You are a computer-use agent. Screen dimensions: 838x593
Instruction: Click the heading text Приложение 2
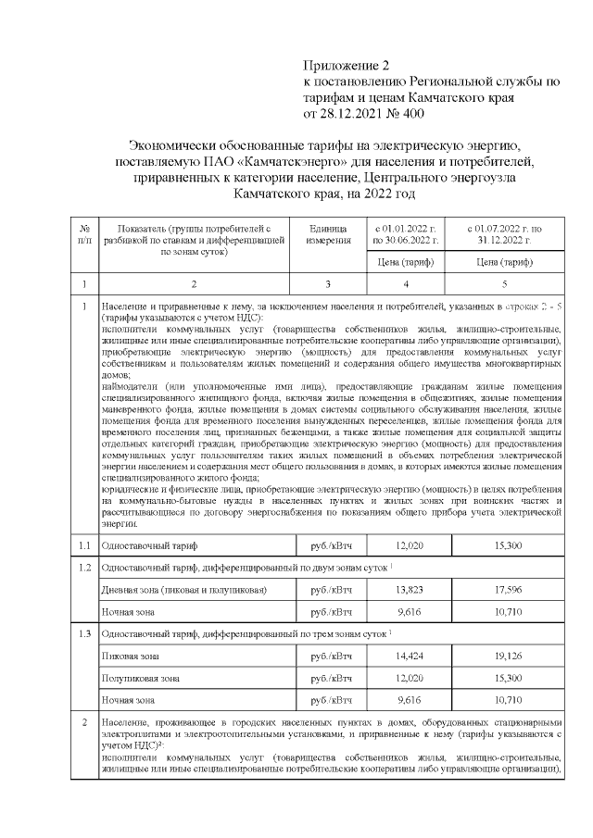click(x=348, y=67)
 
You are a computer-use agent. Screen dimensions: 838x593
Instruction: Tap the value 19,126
click(x=506, y=656)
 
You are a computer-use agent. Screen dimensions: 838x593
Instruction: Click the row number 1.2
click(x=84, y=566)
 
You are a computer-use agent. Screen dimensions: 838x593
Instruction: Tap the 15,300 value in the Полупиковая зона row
click(x=506, y=678)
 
